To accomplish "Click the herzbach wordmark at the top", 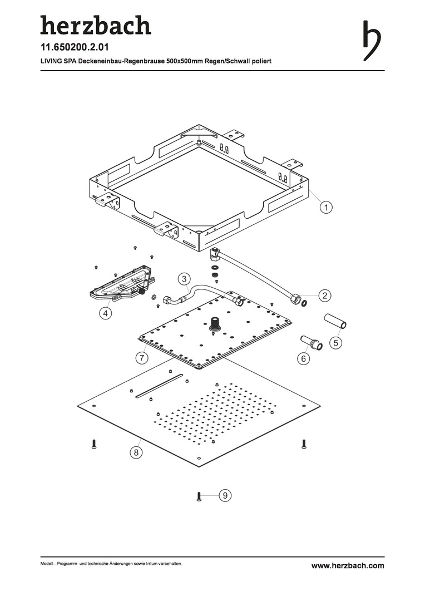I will click(95, 26).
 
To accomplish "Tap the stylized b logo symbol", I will click(372, 40).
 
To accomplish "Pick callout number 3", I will click(185, 278).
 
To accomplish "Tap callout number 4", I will click(105, 313).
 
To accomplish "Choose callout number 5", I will click(337, 343).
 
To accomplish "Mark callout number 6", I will click(304, 359).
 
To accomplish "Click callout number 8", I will click(135, 452).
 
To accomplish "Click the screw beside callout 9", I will click(199, 496).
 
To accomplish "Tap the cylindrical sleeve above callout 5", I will click(335, 321).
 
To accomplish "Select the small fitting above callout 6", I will click(312, 342).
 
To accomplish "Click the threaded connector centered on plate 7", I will click(214, 324).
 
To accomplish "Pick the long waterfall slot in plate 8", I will click(160, 387).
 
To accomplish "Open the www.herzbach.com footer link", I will click(347, 565).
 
